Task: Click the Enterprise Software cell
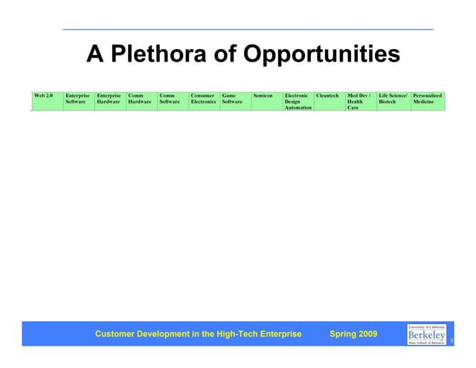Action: pos(79,101)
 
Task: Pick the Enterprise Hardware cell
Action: pos(110,101)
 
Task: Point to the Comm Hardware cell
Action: pos(141,101)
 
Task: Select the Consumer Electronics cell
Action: pos(204,101)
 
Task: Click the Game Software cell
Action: pos(235,101)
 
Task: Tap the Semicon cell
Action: pos(266,101)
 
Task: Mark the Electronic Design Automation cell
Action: pos(297,101)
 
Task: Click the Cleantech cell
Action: pos(329,101)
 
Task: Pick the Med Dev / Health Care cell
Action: pos(361,101)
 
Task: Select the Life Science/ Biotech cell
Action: pos(393,101)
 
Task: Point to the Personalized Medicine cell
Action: pos(428,101)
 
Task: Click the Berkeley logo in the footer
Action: pos(427,334)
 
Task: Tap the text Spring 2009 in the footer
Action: pos(353,335)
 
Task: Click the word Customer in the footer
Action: pos(115,335)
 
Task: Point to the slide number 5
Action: pos(451,340)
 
